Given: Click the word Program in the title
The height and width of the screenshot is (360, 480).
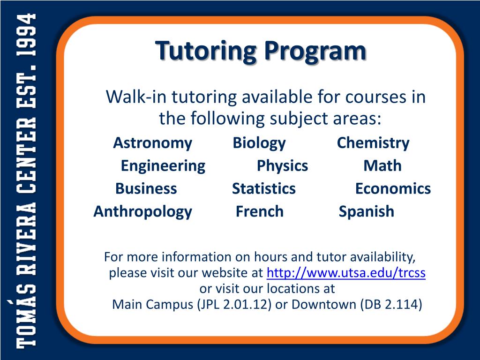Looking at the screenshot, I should pos(314,51).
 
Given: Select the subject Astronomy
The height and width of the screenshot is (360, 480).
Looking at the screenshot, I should pos(152,143).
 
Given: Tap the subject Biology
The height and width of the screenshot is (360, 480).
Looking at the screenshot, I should pos(259,143).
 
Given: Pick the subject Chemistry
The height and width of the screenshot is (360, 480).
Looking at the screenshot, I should pos(373,143).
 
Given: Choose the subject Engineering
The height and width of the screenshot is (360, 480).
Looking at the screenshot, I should pos(163,165).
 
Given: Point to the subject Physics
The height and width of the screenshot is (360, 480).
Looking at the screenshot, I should pos(282,165).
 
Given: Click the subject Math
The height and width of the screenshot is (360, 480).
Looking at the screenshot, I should pos(382,165).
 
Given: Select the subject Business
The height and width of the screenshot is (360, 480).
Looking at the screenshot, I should pos(146,188).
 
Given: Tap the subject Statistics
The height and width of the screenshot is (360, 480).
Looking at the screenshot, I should pos(264,188).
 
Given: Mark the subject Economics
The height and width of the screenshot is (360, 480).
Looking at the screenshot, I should pos(393,188).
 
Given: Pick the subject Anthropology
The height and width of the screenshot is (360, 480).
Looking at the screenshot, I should pos(143,211).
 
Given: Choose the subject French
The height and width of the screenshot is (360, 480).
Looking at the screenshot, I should pos(260,211).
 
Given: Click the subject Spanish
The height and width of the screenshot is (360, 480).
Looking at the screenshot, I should pos(367,211).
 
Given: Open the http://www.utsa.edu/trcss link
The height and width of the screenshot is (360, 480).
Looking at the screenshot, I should pos(346,273).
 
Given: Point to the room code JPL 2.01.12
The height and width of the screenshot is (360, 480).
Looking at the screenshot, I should pos(234,305).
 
